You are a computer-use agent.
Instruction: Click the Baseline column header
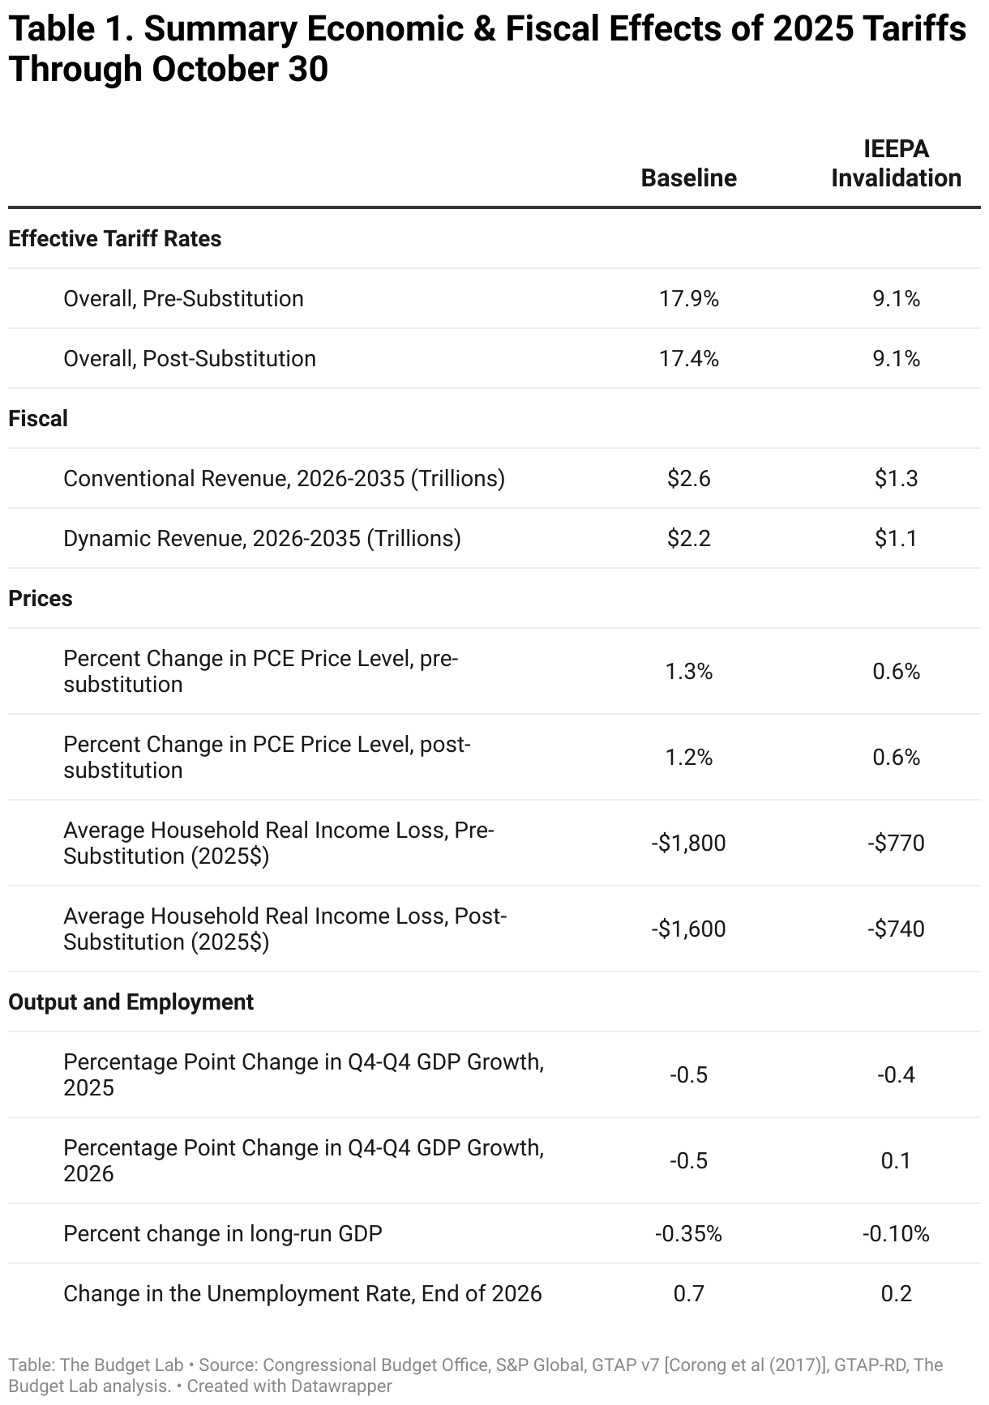click(x=688, y=178)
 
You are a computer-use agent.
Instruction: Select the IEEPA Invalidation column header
click(x=896, y=164)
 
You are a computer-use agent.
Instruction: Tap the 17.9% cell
click(x=688, y=299)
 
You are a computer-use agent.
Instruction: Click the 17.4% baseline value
click(x=688, y=359)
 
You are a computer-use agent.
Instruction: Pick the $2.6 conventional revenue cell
click(x=688, y=479)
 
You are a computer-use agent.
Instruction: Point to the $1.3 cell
click(x=896, y=479)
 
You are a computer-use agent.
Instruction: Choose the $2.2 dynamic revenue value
click(x=688, y=539)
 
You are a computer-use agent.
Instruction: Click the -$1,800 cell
click(x=688, y=843)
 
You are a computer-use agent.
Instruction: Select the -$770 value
click(x=896, y=843)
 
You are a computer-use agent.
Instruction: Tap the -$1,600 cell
click(x=688, y=929)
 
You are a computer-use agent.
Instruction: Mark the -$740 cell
click(x=896, y=929)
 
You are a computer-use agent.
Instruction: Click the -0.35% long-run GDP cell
click(x=688, y=1234)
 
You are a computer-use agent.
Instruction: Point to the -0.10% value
click(x=896, y=1234)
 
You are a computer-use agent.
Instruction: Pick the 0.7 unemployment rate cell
click(x=688, y=1294)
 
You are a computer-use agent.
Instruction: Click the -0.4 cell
click(x=896, y=1075)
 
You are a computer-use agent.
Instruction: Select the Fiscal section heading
click(x=38, y=419)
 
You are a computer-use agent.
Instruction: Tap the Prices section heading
click(x=41, y=599)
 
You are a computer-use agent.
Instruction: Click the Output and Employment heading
click(x=131, y=1002)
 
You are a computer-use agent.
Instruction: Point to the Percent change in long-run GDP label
click(x=223, y=1234)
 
